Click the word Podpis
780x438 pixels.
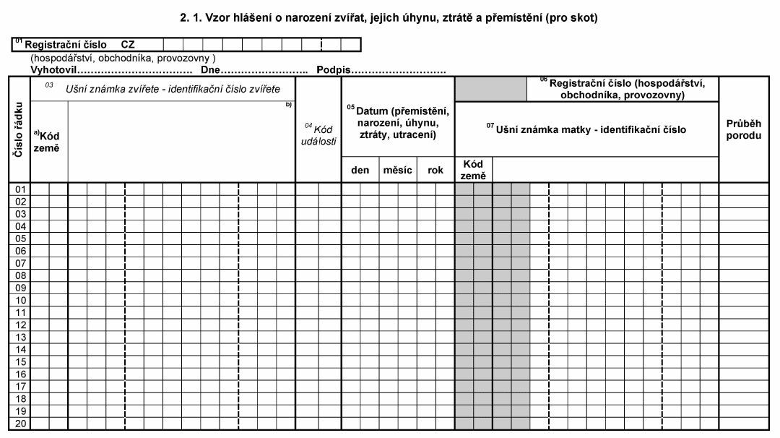[x=333, y=70]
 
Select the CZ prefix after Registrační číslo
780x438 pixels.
[x=128, y=45]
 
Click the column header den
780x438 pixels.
[x=360, y=170]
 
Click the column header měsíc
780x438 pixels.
[x=398, y=170]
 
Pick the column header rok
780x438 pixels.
[x=435, y=170]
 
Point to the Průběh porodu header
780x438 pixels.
[x=743, y=129]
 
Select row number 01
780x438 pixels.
[x=21, y=189]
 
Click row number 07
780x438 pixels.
[x=21, y=263]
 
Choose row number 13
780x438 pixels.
[x=21, y=338]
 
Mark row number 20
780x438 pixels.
[x=21, y=424]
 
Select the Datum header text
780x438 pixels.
[x=399, y=123]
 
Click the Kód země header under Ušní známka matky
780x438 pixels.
[x=473, y=170]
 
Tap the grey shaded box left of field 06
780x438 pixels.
[x=490, y=89]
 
